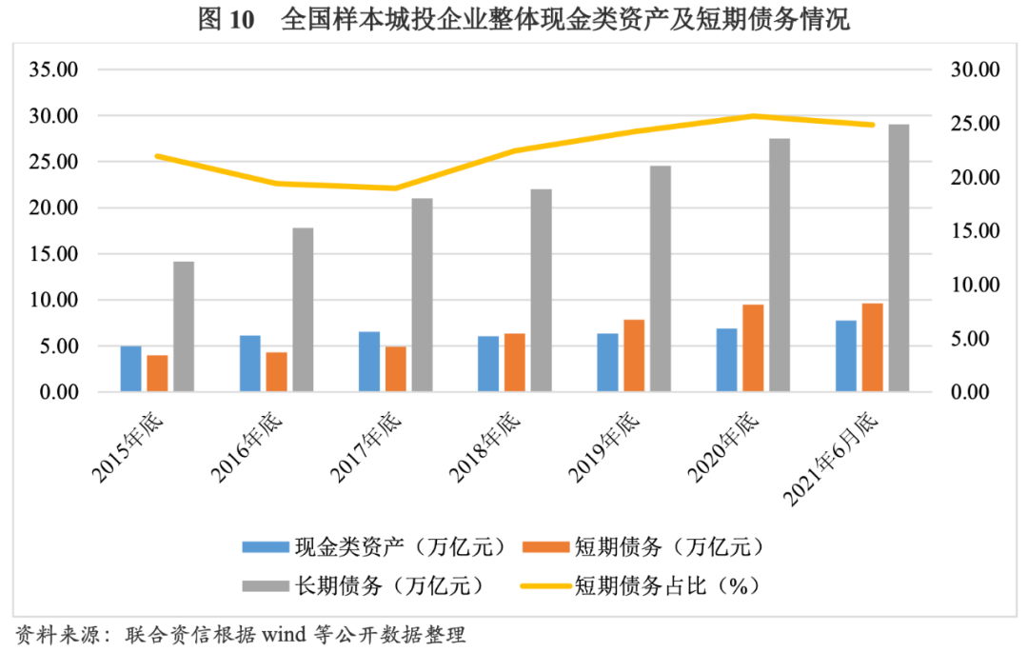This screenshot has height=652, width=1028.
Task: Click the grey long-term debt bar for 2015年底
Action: pyautogui.click(x=184, y=326)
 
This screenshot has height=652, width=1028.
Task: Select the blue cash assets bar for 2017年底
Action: pyautogui.click(x=369, y=362)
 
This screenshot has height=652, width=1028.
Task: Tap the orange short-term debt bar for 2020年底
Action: pyautogui.click(x=753, y=347)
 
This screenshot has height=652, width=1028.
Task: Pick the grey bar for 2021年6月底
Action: pyautogui.click(x=899, y=257)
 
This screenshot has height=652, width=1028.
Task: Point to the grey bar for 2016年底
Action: pyautogui.click(x=303, y=309)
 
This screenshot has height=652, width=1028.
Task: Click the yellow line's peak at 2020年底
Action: pyautogui.click(x=753, y=116)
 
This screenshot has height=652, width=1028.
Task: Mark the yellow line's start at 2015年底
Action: pyautogui.click(x=158, y=155)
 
